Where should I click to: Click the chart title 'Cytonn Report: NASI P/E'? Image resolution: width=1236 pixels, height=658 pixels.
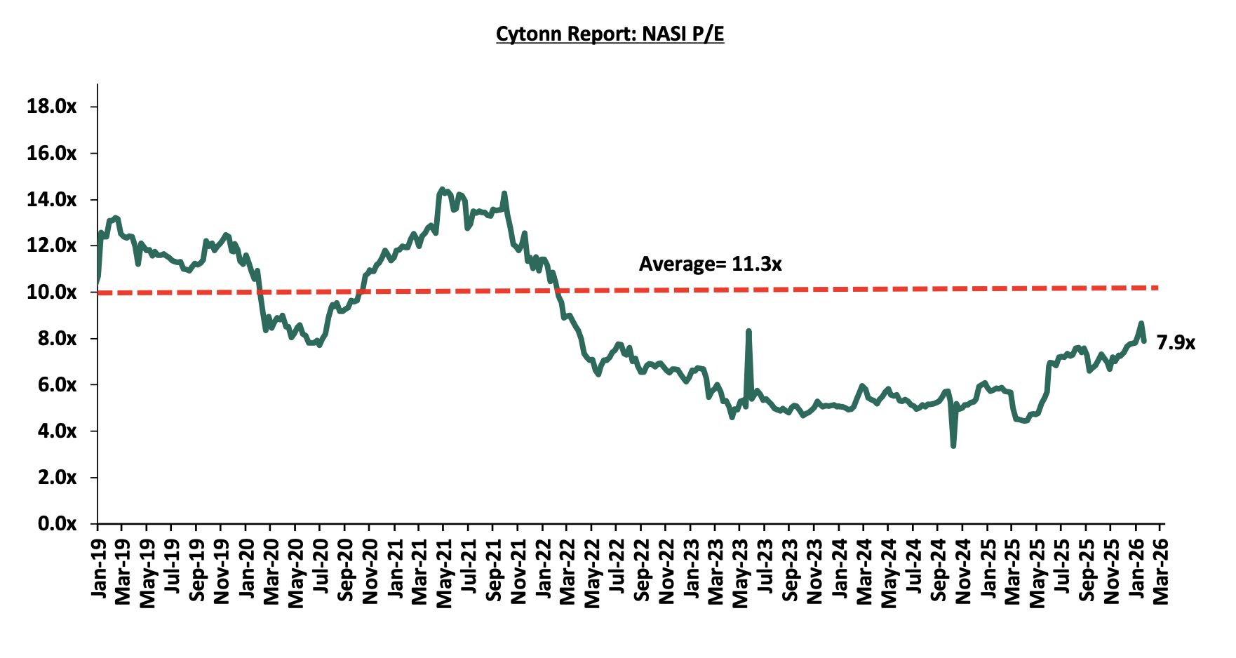point(610,34)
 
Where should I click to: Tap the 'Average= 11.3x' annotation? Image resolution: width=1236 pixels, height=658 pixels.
point(710,264)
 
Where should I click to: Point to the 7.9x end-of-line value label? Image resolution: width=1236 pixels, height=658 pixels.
point(1176,343)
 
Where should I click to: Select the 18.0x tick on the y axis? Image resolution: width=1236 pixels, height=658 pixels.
point(51,107)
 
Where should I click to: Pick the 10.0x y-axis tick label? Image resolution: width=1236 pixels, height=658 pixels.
point(51,292)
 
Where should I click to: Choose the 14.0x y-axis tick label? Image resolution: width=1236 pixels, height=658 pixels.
point(51,199)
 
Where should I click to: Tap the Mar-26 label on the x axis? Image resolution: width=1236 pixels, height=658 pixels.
point(1160,569)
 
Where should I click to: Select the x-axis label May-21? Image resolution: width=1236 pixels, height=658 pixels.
point(443,569)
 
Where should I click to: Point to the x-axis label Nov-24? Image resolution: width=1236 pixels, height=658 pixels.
point(962,569)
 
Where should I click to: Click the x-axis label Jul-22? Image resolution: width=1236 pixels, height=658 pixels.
point(617,569)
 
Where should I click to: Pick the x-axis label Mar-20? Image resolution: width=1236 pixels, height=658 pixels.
point(271,569)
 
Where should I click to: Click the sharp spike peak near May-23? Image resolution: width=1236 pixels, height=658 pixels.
point(748,330)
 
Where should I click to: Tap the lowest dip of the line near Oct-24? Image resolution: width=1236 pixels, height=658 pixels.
point(953,445)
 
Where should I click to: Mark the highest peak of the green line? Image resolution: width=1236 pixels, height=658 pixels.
point(441,189)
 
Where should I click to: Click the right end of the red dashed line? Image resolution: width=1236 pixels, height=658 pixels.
point(1157,288)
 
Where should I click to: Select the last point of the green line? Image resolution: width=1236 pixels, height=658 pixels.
point(1144,341)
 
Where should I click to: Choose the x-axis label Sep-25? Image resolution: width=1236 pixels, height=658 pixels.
point(1086,569)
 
